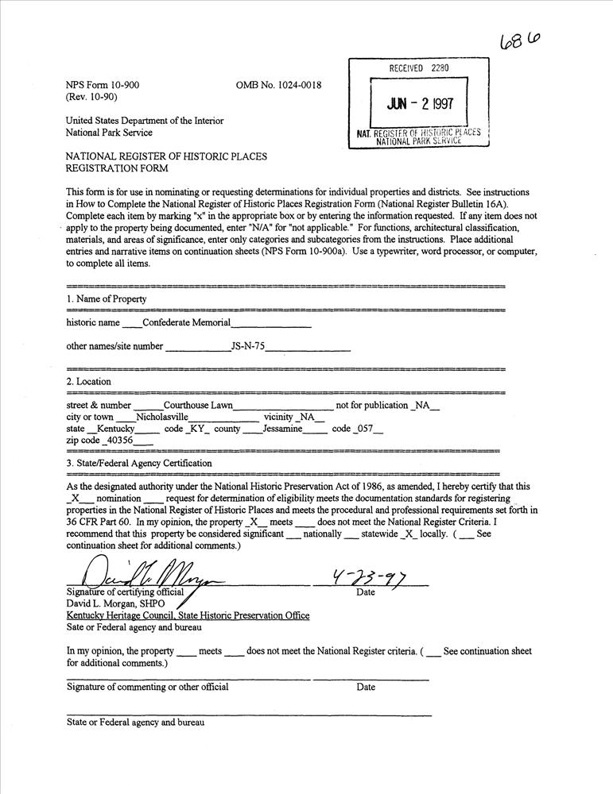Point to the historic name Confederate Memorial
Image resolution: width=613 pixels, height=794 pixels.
(186, 322)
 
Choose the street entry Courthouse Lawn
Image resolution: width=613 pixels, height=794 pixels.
(198, 405)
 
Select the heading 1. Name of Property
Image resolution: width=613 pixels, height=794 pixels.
(107, 299)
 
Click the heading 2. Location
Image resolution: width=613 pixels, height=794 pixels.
(88, 382)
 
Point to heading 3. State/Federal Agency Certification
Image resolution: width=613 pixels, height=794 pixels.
(139, 463)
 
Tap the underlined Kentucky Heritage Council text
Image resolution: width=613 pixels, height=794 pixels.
(188, 615)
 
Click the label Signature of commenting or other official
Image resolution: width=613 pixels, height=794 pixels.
(148, 687)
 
